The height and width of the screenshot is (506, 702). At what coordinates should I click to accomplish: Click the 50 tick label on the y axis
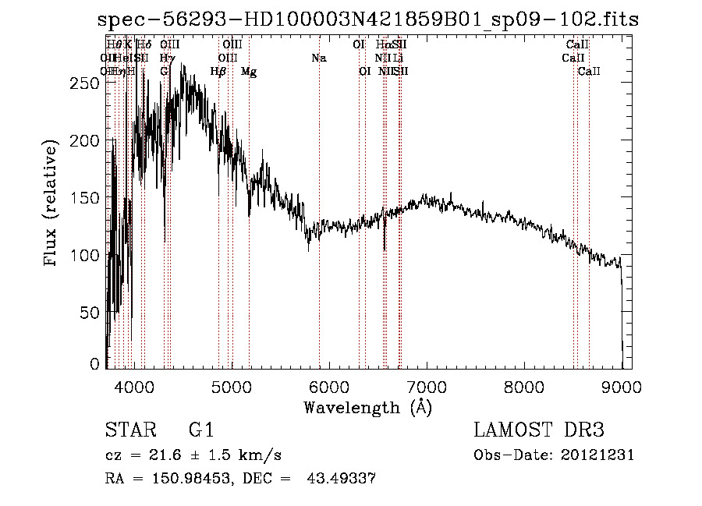(x=92, y=313)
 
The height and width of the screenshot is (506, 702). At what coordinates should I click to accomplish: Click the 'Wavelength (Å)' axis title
(x=367, y=407)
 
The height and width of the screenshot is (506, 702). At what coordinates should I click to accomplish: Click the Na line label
(x=318, y=58)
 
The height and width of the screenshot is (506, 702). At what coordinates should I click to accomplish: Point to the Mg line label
(x=249, y=72)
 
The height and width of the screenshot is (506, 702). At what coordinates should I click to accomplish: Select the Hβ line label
(x=218, y=72)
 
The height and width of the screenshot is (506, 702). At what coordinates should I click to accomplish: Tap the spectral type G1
(x=201, y=430)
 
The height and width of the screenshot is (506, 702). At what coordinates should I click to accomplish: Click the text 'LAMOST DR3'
(x=539, y=430)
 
